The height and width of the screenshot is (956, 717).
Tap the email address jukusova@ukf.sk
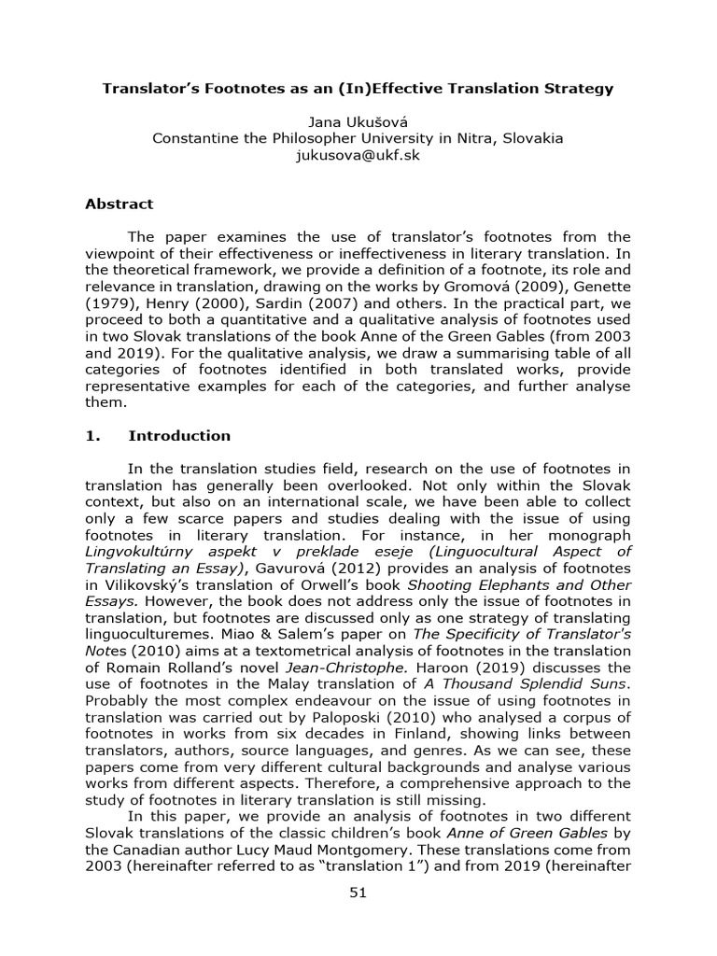(x=358, y=155)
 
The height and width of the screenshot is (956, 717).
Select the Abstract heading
(x=119, y=204)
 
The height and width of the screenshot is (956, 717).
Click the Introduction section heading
(x=178, y=435)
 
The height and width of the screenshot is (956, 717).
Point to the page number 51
(x=358, y=893)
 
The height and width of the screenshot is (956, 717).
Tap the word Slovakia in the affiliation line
(x=532, y=138)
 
